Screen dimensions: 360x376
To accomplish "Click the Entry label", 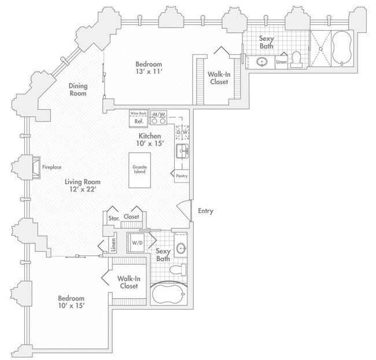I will pyautogui.click(x=205, y=211).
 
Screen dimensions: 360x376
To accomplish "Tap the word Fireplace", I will pyautogui.click(x=51, y=167).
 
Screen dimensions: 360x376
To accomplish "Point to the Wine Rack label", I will pyautogui.click(x=139, y=114).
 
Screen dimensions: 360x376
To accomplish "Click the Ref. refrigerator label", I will pyautogui.click(x=139, y=121).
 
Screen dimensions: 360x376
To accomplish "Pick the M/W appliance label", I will pyautogui.click(x=158, y=115).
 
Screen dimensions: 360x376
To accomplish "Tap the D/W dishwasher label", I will pyautogui.click(x=182, y=132).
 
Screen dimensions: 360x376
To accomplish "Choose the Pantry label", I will pyautogui.click(x=181, y=176).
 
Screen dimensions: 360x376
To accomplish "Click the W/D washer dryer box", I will pyautogui.click(x=138, y=242).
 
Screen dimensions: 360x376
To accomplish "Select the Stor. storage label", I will pyautogui.click(x=113, y=218).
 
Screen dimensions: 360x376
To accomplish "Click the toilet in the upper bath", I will pyautogui.click(x=297, y=59).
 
